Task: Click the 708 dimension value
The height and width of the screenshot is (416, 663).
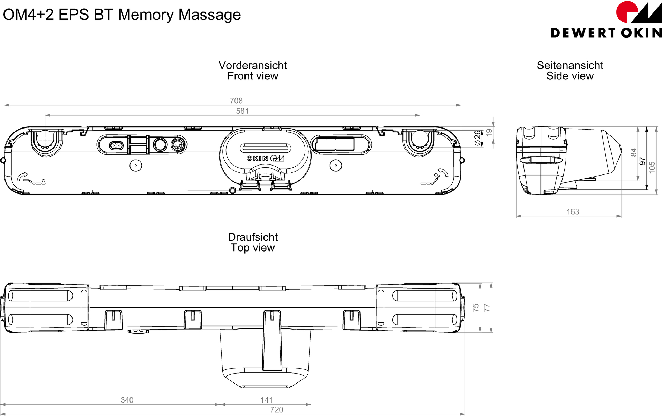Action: [236, 101]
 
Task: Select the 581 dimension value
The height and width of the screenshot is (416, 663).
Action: [242, 111]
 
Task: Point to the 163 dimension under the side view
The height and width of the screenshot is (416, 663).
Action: [573, 211]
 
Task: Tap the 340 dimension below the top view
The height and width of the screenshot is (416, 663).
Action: [127, 400]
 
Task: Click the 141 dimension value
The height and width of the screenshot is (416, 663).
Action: [266, 400]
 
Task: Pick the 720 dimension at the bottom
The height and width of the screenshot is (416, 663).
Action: [277, 409]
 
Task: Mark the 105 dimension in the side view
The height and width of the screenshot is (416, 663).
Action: [652, 167]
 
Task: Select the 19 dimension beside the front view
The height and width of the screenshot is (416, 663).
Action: [489, 132]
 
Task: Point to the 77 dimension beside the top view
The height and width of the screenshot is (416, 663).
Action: [487, 308]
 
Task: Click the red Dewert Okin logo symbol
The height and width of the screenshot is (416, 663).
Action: [627, 12]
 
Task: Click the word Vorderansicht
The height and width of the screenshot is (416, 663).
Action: [252, 65]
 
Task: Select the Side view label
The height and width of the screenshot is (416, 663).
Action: [570, 76]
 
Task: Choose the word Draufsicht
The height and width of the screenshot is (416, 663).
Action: [252, 237]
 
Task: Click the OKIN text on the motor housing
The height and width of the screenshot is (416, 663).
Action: [257, 158]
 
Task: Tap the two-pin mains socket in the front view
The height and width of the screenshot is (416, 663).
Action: [116, 145]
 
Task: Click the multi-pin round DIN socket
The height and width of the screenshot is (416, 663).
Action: [177, 145]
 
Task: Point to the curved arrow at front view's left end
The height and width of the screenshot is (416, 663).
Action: [22, 176]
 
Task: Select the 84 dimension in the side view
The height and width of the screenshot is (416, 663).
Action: [633, 152]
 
